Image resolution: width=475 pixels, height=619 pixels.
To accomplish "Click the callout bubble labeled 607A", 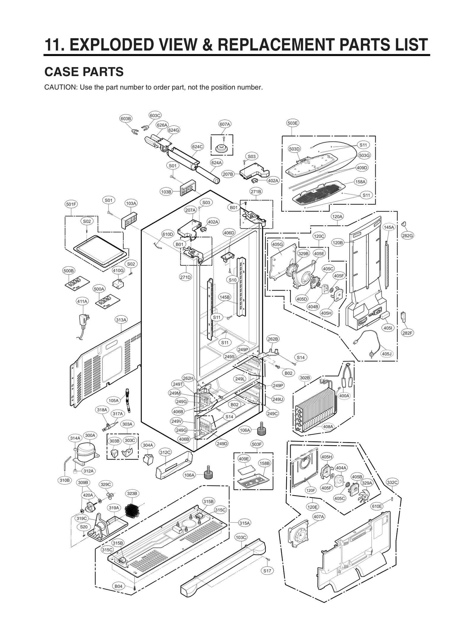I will point(225,124).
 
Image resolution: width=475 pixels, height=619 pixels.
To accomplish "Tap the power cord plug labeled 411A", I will point(83,321).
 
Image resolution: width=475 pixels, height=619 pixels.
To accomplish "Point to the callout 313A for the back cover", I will point(121,320).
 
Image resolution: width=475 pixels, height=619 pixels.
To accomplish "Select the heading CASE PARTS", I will point(84,72).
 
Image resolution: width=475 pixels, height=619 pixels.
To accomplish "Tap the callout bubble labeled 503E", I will point(292,123).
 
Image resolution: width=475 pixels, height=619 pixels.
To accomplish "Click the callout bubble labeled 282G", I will point(407,236).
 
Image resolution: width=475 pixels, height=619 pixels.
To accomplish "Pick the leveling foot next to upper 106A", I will point(262,427).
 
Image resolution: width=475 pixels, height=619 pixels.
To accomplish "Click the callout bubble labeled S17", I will point(267,571).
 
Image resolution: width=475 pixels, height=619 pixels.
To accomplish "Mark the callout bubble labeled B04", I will point(118,586).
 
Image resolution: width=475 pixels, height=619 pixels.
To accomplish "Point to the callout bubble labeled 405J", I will point(387,354).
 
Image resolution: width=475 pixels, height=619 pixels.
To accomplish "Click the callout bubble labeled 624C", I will point(197,146).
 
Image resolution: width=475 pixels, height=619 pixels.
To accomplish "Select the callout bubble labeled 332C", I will point(392,482).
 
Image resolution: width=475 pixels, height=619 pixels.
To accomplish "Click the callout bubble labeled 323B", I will point(132,493).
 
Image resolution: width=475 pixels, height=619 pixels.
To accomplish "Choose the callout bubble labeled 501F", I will point(71,204).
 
